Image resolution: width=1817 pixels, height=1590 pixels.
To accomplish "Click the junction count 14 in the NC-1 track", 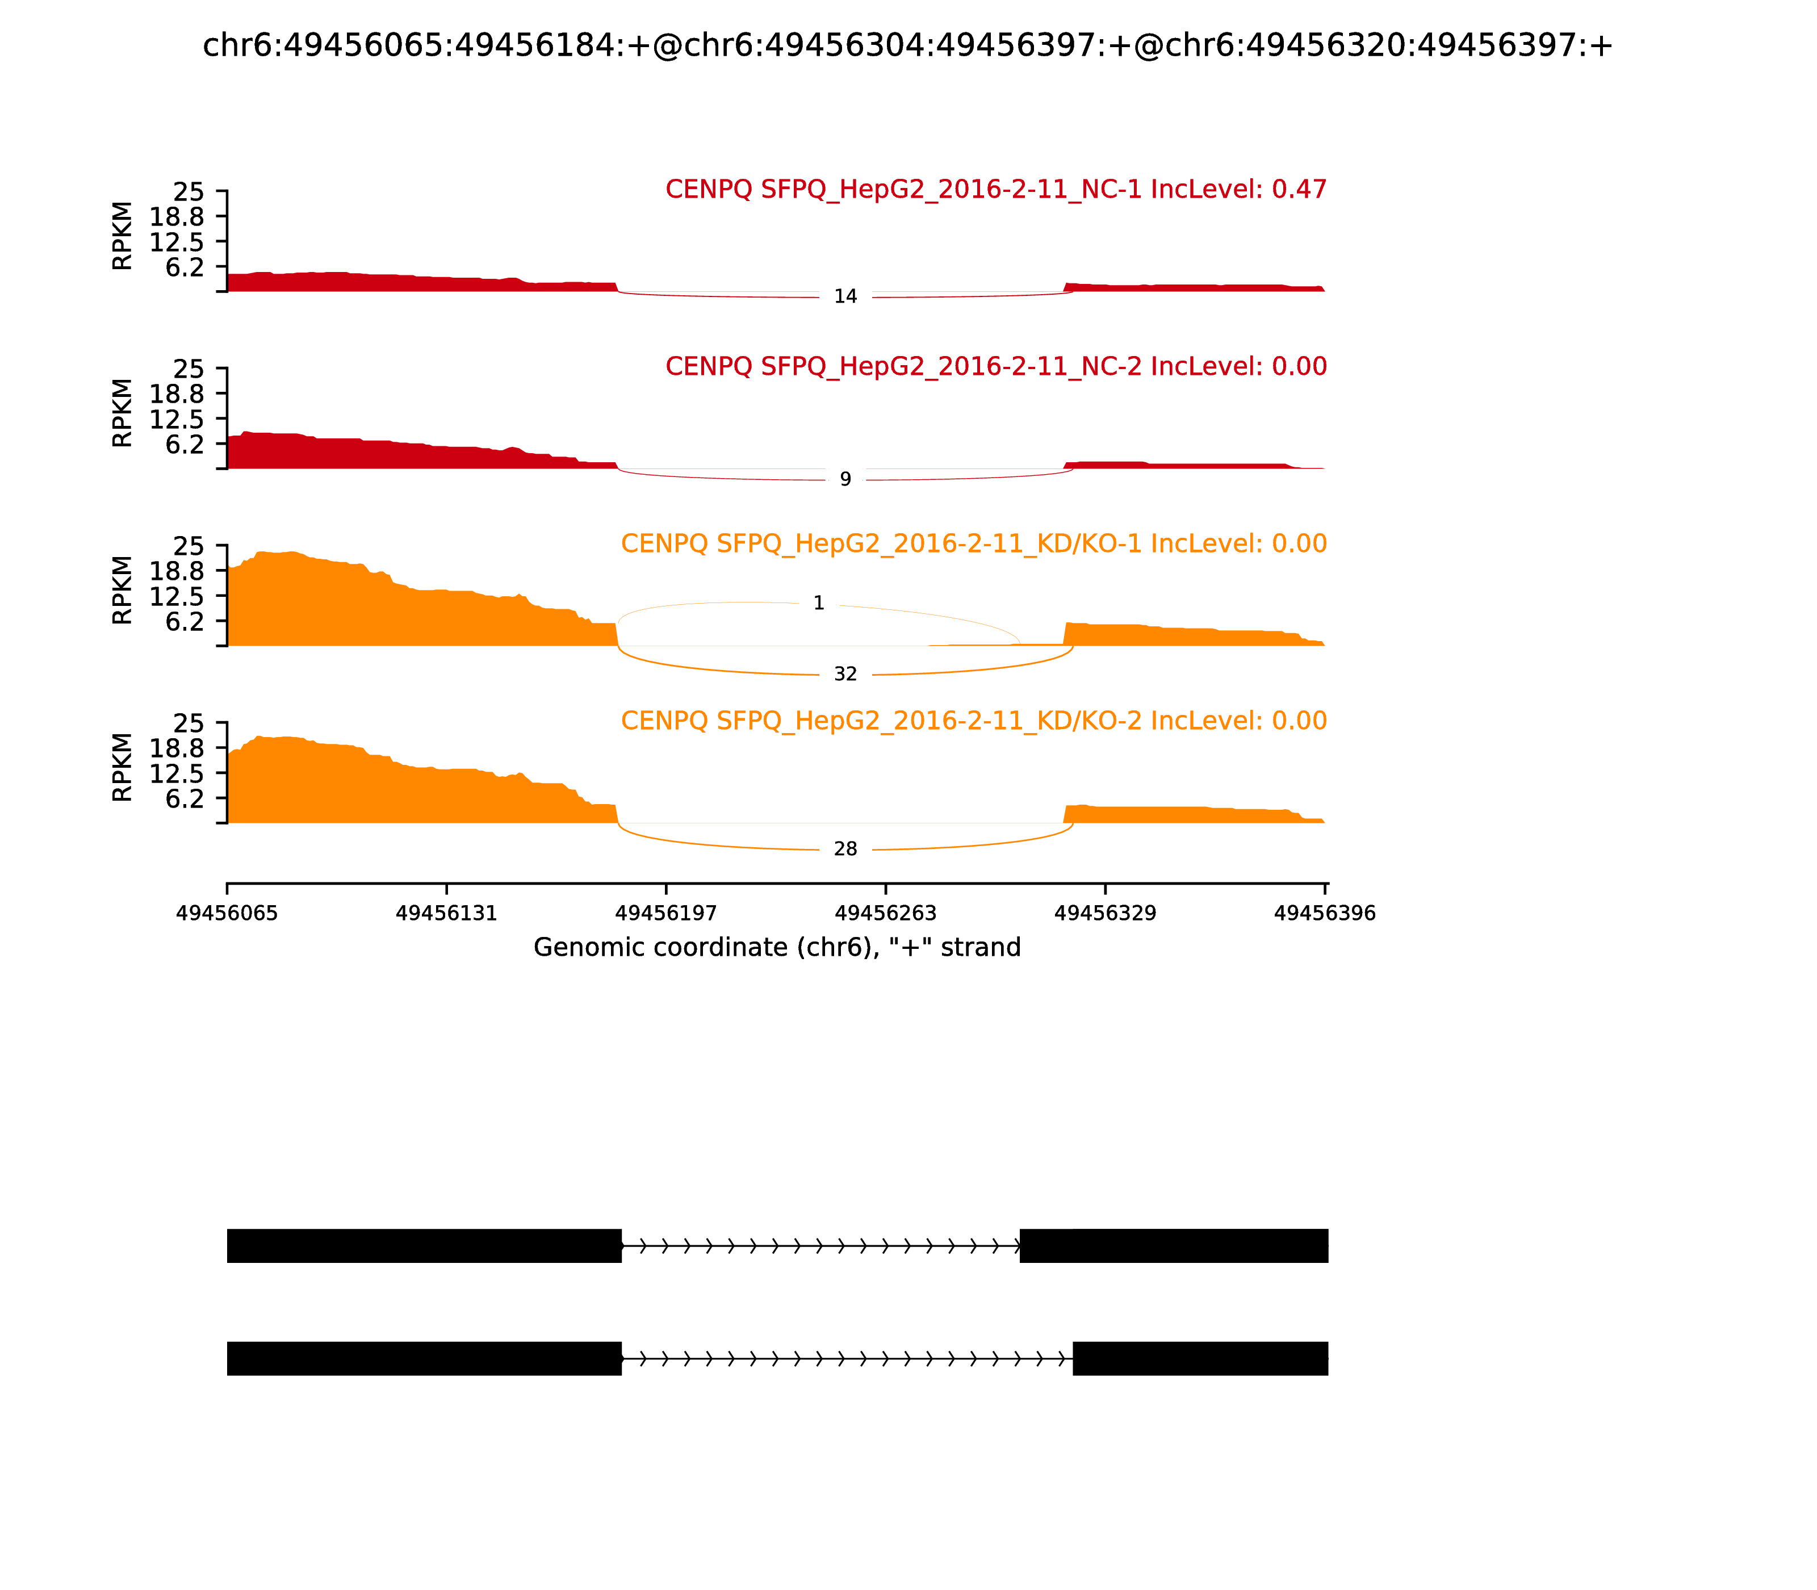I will click(845, 296).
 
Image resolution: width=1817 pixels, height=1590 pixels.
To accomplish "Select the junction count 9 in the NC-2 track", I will click(845, 479).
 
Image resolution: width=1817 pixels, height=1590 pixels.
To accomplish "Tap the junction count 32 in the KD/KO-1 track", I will click(845, 675).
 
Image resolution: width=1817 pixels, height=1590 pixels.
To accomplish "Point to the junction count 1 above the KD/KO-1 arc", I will click(819, 603).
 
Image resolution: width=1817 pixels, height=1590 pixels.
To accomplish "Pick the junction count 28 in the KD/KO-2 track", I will click(845, 849).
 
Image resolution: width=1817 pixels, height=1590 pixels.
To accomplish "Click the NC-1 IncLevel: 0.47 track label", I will click(995, 189).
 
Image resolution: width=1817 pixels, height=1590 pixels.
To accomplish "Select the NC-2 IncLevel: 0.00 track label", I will click(995, 366).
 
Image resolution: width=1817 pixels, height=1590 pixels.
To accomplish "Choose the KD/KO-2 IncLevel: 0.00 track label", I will click(973, 721).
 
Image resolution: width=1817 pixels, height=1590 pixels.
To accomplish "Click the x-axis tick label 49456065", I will click(227, 913).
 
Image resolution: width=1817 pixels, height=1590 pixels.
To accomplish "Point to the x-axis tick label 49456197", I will click(666, 913).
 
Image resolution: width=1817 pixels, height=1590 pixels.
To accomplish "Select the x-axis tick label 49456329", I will click(1106, 913).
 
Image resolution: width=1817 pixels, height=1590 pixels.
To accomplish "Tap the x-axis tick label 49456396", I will click(1325, 913).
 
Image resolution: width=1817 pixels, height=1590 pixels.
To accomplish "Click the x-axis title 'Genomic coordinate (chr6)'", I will click(777, 948).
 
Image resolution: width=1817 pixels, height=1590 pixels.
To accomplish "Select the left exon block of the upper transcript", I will click(424, 1246).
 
